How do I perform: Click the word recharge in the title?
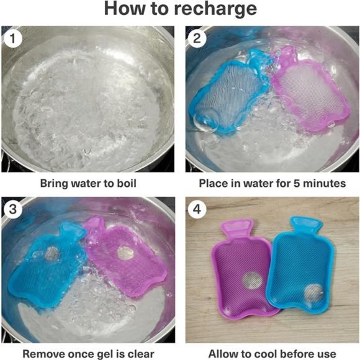(x=215, y=9)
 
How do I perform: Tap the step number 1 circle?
(x=13, y=38)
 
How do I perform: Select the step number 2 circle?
(x=197, y=38)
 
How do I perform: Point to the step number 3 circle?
(x=13, y=209)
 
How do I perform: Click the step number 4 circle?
(x=197, y=209)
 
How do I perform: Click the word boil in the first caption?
(x=127, y=184)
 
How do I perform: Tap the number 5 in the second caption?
(x=297, y=184)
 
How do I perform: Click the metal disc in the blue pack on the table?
(x=313, y=293)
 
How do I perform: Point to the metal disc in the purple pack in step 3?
(x=125, y=253)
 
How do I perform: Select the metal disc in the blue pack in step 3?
(x=52, y=254)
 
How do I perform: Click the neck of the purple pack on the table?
(x=237, y=228)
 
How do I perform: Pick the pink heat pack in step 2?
(x=310, y=89)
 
